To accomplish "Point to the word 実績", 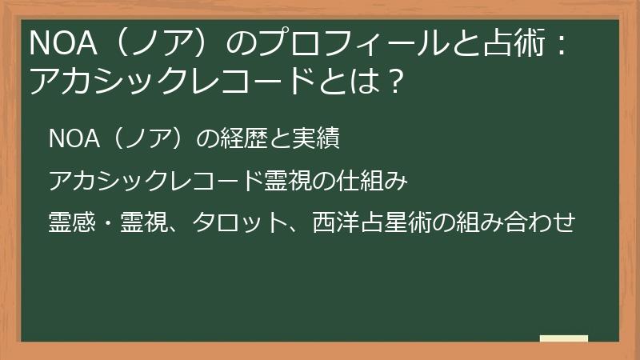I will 319,139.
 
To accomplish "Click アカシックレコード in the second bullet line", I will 155,181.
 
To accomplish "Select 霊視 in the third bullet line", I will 145,222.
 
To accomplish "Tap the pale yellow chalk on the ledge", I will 564,338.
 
